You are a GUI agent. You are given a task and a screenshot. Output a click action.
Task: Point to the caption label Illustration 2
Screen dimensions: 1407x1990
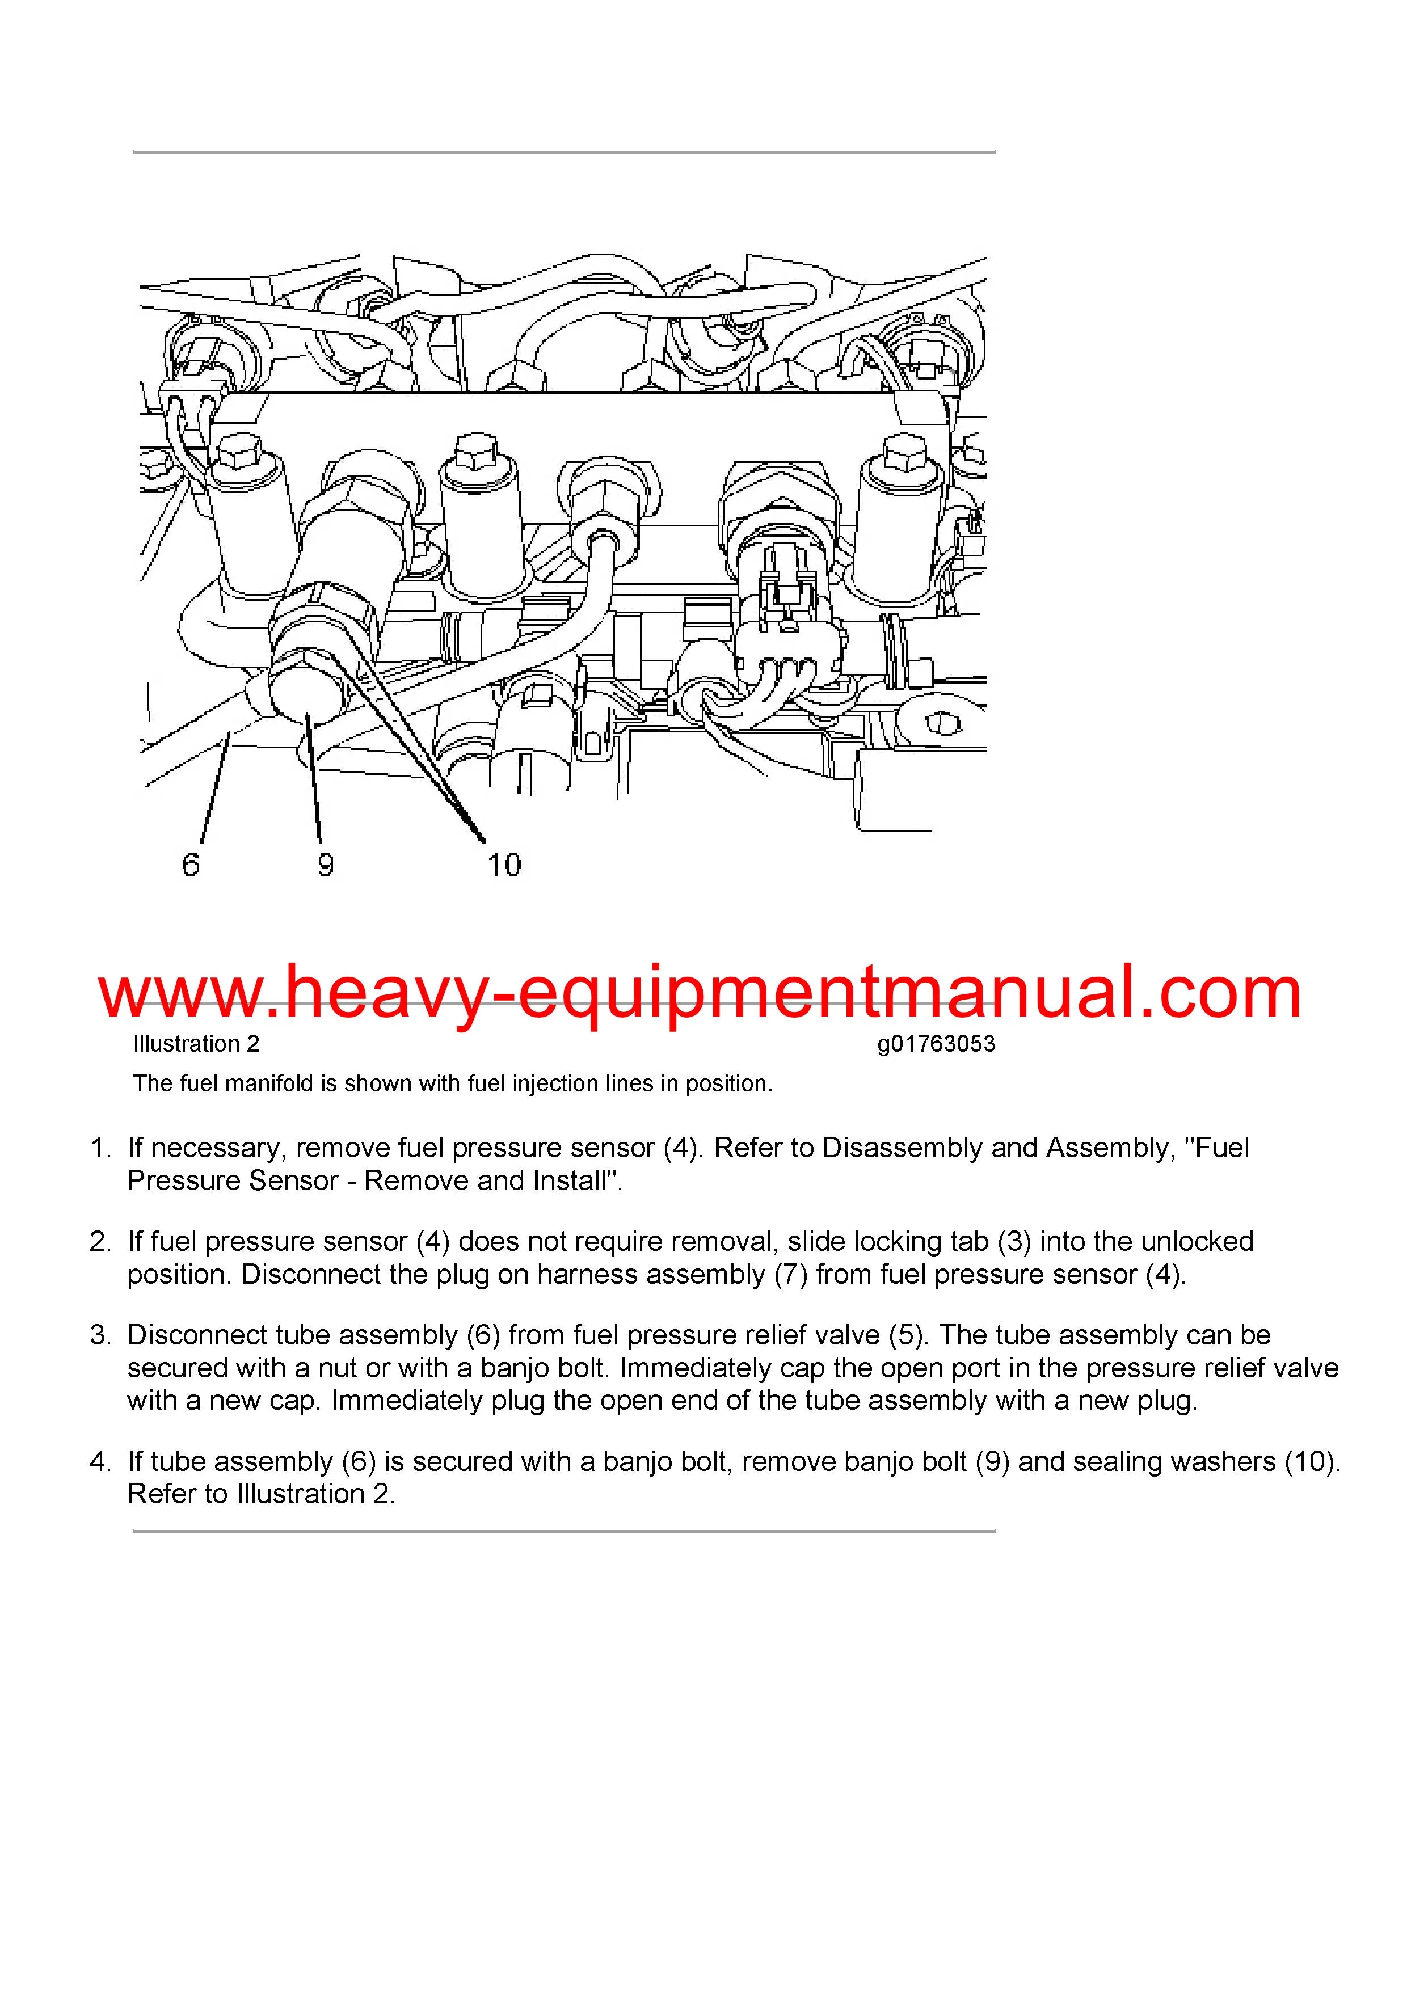pyautogui.click(x=196, y=1044)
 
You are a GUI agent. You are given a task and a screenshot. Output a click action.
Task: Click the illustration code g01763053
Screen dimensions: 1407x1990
pyautogui.click(x=936, y=1044)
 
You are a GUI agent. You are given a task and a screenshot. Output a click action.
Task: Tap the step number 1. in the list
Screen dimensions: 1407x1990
pyautogui.click(x=100, y=1148)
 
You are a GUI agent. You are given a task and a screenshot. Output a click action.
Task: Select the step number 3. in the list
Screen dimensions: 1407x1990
pyautogui.click(x=100, y=1335)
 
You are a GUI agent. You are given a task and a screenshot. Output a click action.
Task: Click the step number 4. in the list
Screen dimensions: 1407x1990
pyautogui.click(x=100, y=1461)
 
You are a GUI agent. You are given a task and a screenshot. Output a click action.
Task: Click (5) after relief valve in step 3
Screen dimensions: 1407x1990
pyautogui.click(x=908, y=1335)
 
